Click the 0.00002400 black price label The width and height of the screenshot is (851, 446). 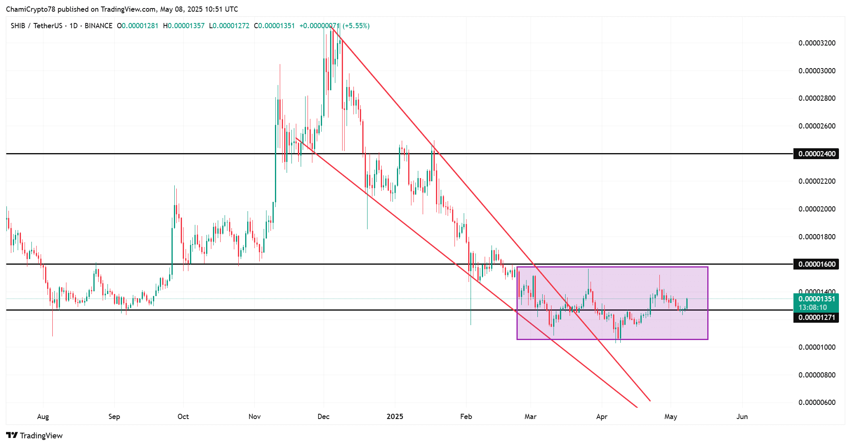pos(816,154)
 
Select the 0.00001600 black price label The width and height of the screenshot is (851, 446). pos(816,264)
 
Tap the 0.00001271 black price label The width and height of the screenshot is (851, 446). pos(816,317)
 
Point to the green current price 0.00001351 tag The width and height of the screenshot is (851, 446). pos(816,299)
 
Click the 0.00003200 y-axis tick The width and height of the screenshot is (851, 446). pos(817,43)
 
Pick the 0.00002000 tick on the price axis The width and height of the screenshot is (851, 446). pos(817,209)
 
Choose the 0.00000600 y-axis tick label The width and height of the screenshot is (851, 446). pos(817,402)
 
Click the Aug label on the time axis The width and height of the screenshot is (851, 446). pos(43,417)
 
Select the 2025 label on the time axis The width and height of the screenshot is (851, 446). pos(395,417)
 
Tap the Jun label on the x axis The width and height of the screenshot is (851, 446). pos(742,417)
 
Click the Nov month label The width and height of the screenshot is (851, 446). pos(254,417)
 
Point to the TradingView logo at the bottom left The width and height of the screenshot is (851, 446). pos(35,436)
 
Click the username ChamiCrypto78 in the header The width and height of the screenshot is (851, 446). pos(31,9)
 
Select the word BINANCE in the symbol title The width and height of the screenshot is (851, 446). pos(99,26)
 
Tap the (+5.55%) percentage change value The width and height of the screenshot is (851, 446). pos(356,26)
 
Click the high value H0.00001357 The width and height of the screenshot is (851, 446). pos(184,26)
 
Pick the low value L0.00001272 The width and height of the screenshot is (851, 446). pos(229,26)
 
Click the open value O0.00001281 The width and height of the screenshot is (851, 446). pos(137,26)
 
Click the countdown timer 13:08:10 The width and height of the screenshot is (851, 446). pos(812,307)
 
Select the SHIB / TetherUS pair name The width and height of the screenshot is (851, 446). pos(36,26)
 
